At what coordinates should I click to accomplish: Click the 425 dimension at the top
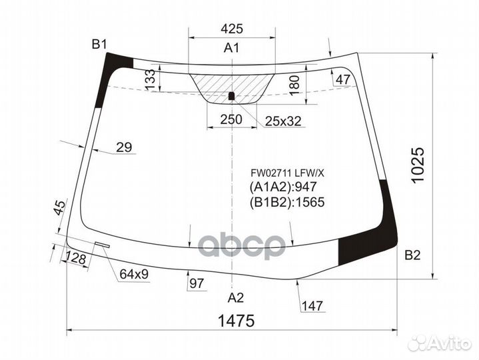[x=232, y=29]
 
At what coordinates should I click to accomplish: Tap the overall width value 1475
[x=236, y=321]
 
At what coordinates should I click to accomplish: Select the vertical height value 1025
[x=418, y=165]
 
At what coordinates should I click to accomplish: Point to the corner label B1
[x=99, y=45]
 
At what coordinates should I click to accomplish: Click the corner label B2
[x=412, y=255]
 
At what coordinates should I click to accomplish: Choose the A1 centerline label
[x=232, y=48]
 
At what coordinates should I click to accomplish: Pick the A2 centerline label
[x=236, y=297]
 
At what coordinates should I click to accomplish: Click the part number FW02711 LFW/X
[x=287, y=173]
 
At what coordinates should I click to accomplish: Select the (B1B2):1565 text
[x=287, y=202]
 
